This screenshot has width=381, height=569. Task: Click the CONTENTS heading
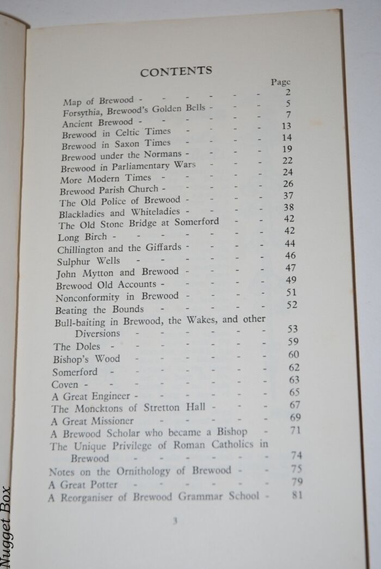pyautogui.click(x=176, y=71)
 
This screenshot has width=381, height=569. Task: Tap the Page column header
pyautogui.click(x=281, y=82)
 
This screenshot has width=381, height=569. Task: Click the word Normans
pyautogui.click(x=164, y=155)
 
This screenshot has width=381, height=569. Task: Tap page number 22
pyautogui.click(x=287, y=160)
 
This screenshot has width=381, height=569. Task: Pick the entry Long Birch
pyautogui.click(x=82, y=237)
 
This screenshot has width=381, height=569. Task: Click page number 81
pyautogui.click(x=297, y=494)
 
